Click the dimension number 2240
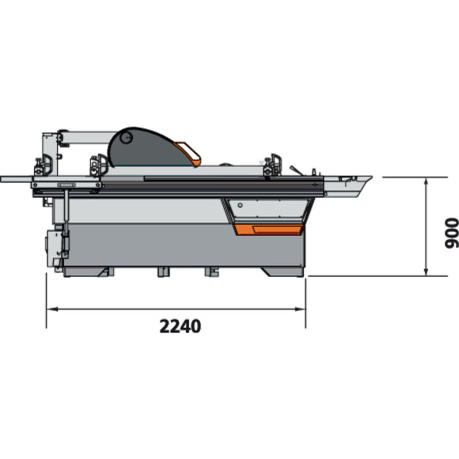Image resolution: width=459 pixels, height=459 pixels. tap(179, 326)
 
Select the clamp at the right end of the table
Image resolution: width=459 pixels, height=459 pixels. tap(274, 165)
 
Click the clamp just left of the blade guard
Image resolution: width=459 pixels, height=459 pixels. tap(99, 164)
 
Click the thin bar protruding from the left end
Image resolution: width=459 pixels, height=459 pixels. tap(16, 179)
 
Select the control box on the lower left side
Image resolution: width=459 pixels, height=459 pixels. tap(55, 245)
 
